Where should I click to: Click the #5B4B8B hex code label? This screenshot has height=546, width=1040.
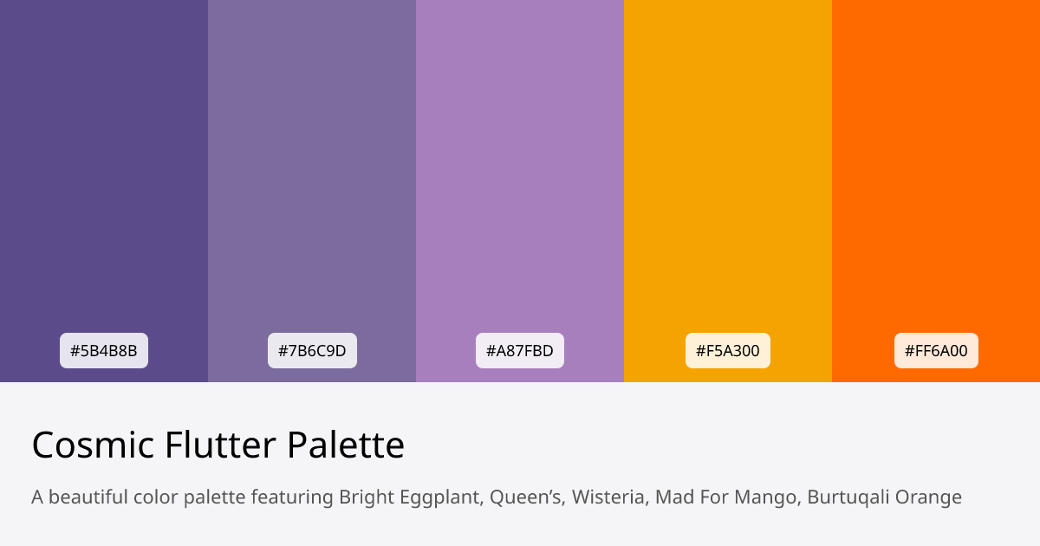104,351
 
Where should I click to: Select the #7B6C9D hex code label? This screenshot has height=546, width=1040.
312,351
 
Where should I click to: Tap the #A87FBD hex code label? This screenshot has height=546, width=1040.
520,351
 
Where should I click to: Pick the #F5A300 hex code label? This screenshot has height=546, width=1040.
728,351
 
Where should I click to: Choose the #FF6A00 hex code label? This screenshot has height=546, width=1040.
936,351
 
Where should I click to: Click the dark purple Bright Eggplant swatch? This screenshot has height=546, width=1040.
104,173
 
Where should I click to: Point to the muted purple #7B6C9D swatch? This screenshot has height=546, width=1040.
312,173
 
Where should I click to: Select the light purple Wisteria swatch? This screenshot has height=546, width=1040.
520,173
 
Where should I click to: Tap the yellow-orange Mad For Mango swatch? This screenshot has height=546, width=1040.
728,173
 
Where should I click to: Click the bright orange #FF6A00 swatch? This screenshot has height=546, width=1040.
936,173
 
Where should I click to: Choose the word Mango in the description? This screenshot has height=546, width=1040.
771,498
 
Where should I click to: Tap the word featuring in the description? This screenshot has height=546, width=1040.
292,498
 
